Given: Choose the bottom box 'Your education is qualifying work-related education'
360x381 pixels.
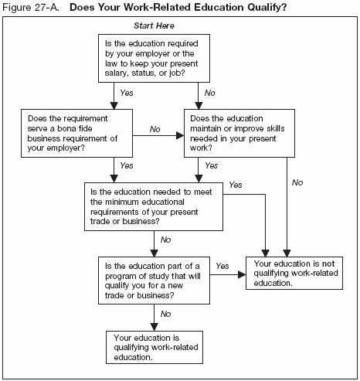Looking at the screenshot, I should tap(154, 347).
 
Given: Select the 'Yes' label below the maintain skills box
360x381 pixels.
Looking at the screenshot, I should tap(212, 165).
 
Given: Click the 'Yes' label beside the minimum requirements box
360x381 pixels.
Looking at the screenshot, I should tap(236, 185).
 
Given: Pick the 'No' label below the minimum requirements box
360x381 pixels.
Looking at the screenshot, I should tap(165, 240).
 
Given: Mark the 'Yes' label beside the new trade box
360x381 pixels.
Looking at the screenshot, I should tap(222, 265).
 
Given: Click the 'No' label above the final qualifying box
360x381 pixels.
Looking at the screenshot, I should tap(165, 313).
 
